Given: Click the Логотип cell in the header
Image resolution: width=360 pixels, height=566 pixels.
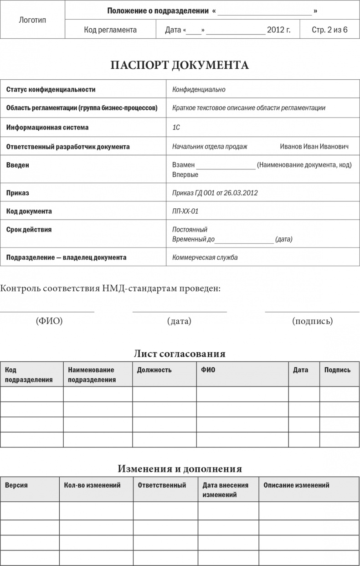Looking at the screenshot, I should pyautogui.click(x=32, y=20).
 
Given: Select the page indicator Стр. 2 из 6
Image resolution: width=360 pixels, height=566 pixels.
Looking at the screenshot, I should pyautogui.click(x=329, y=30).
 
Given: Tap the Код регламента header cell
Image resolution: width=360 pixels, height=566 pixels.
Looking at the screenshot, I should pyautogui.click(x=110, y=30).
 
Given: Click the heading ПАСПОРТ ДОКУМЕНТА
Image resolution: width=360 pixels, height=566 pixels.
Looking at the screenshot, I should pyautogui.click(x=180, y=65).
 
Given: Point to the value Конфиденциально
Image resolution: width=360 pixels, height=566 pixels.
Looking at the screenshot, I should pyautogui.click(x=199, y=90).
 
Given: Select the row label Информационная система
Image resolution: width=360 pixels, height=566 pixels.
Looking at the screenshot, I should pyautogui.click(x=47, y=128).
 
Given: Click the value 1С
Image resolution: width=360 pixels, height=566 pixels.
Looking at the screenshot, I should pyautogui.click(x=176, y=128).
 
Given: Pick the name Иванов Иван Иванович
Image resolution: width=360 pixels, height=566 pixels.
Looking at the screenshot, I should pyautogui.click(x=314, y=147).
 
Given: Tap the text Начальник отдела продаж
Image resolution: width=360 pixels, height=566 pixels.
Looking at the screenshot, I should pyautogui.click(x=210, y=147).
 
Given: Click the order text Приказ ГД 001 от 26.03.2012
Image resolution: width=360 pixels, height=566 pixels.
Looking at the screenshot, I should pyautogui.click(x=215, y=193).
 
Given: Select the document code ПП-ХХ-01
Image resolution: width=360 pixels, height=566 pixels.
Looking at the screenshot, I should pyautogui.click(x=185, y=211).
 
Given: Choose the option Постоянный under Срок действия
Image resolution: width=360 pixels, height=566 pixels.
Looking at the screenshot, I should pyautogui.click(x=190, y=230).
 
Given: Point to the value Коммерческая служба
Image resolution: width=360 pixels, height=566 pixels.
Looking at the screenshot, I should pyautogui.click(x=205, y=257).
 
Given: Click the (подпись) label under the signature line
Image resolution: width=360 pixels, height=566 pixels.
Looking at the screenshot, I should pyautogui.click(x=312, y=321).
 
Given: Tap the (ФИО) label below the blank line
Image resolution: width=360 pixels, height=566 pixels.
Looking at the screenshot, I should pyautogui.click(x=49, y=321).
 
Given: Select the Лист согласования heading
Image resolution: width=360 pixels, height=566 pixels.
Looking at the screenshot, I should pyautogui.click(x=180, y=354).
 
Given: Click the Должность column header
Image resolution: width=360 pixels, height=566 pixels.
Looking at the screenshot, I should pyautogui.click(x=154, y=370).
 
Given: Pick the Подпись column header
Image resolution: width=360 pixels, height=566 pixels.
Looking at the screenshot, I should pyautogui.click(x=337, y=370).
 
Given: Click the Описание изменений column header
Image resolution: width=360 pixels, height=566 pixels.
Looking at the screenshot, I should pyautogui.click(x=296, y=485).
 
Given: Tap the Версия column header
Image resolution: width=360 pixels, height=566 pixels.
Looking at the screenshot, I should pyautogui.click(x=16, y=485).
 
